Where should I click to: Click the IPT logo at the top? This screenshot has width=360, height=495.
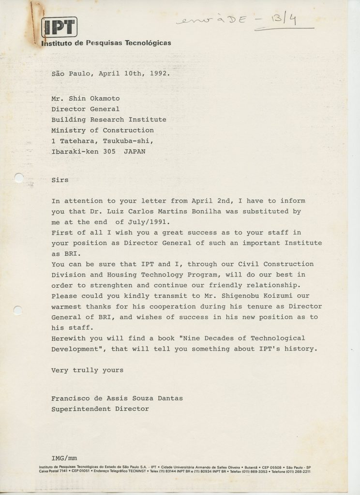59,27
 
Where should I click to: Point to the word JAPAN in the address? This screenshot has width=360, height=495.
134,151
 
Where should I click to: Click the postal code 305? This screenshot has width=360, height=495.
109,151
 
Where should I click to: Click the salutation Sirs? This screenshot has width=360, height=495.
60,180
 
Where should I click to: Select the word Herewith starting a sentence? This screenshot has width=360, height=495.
69,338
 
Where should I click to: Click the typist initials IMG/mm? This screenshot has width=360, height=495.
64,457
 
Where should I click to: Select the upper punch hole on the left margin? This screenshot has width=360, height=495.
18,178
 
